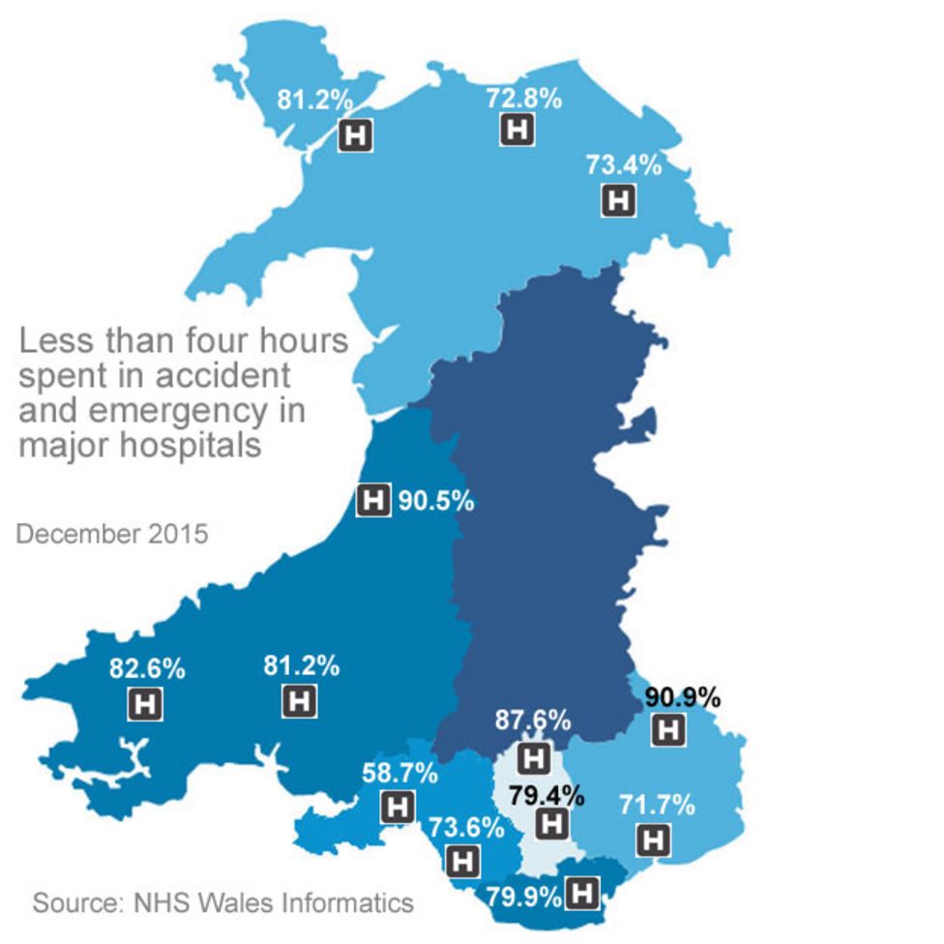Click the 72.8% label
click(x=524, y=99)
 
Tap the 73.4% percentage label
click(x=624, y=164)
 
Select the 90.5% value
click(x=436, y=501)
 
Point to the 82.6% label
click(x=148, y=668)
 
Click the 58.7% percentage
click(x=399, y=773)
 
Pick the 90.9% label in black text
click(x=683, y=696)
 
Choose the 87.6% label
click(x=532, y=721)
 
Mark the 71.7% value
click(x=657, y=804)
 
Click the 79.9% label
click(x=523, y=895)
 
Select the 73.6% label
click(x=466, y=827)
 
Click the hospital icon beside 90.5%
click(x=373, y=501)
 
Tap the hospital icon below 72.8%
click(x=517, y=130)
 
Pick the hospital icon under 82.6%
click(x=146, y=703)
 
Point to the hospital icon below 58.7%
click(x=398, y=806)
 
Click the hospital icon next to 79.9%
click(x=582, y=894)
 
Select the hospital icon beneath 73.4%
click(x=619, y=200)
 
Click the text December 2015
click(x=112, y=533)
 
